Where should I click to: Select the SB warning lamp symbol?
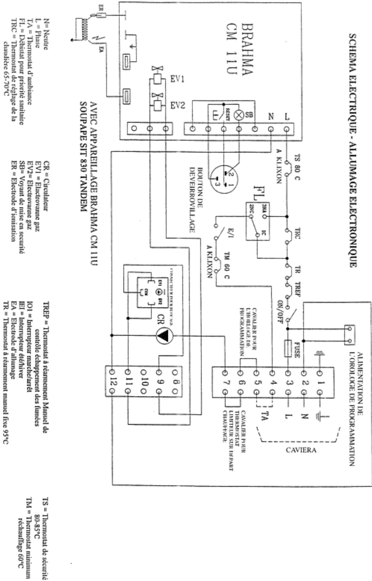239,115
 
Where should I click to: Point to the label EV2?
177,105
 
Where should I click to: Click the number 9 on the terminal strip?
159,382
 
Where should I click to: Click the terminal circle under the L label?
287,129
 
